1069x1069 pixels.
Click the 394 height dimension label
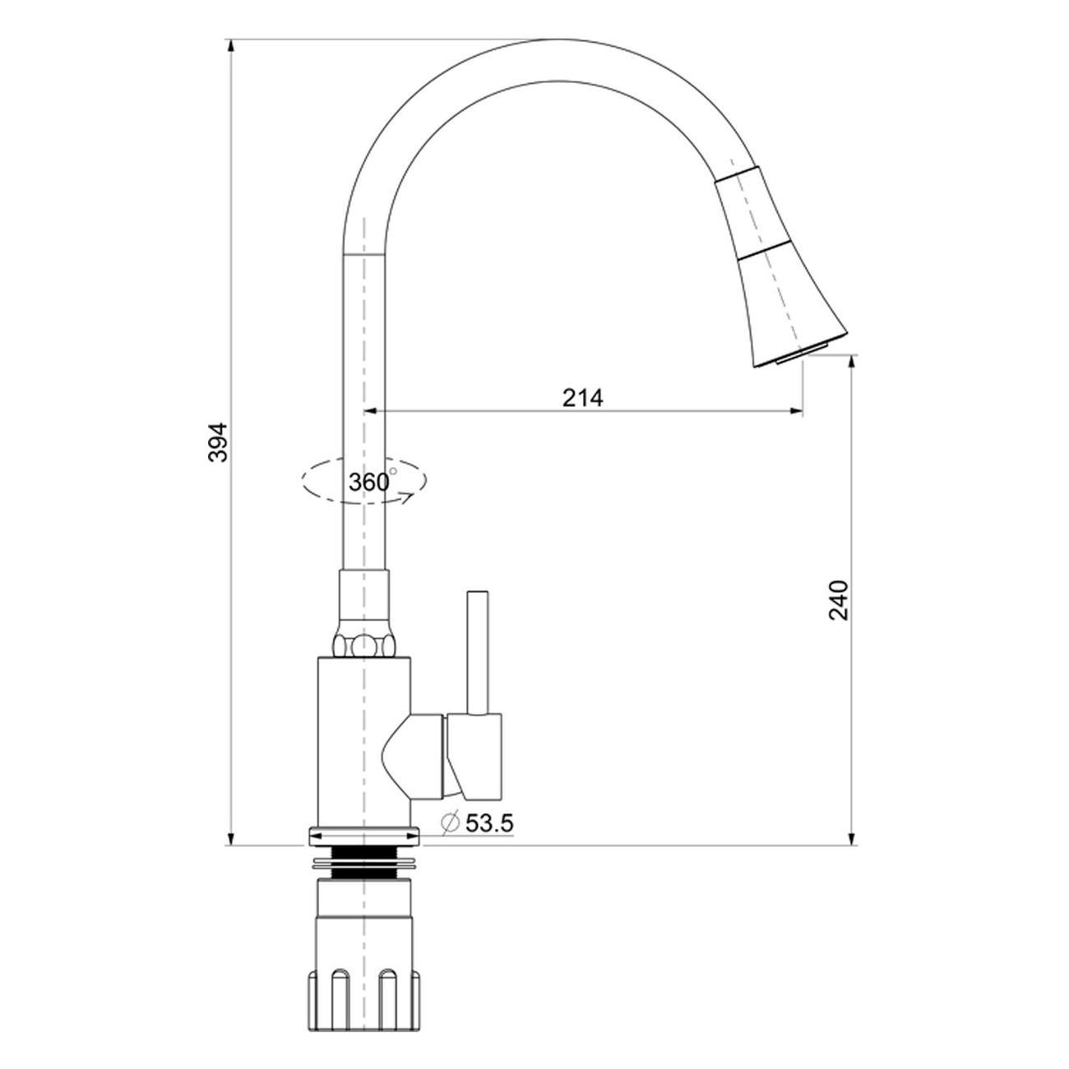(x=218, y=442)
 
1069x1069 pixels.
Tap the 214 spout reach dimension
(x=582, y=397)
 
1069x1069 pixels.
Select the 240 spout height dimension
(x=838, y=600)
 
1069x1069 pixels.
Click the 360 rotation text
(x=368, y=482)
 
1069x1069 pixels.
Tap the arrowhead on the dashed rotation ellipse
(x=406, y=496)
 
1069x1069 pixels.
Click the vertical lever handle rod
(x=477, y=652)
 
